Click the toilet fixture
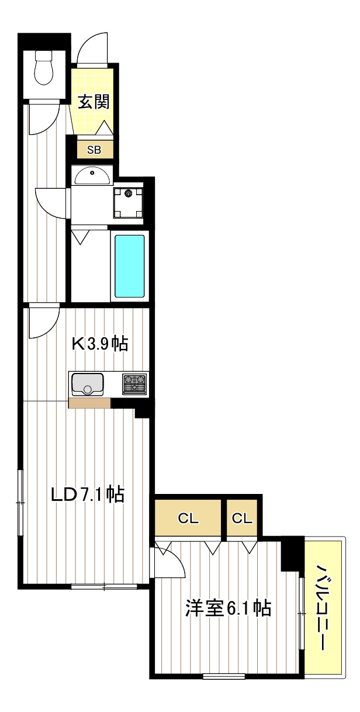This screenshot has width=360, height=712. pos(43,67)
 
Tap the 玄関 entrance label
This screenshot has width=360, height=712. pos(94,102)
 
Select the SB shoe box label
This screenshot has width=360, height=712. pos(94,150)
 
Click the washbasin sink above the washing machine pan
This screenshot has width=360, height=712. pos(92,176)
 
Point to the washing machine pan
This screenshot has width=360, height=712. pos(128,202)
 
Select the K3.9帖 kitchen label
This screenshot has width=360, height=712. pos(100,343)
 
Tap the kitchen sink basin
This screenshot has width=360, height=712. pos(88,383)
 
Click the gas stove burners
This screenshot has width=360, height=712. pos(134,384)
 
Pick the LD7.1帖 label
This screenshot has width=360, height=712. pos(88,495)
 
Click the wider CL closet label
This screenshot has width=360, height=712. pos(188,519)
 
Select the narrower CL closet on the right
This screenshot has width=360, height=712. pos(242,519)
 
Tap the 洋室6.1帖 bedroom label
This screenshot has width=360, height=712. pos(228,609)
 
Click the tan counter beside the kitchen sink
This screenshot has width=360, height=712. pos(89,403)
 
